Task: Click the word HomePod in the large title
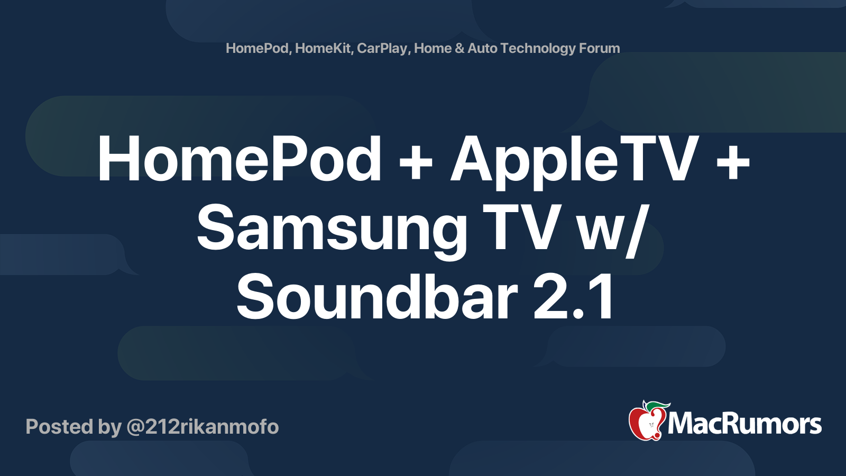240,159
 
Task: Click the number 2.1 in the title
574,297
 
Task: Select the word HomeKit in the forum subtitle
323,48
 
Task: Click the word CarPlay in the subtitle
382,49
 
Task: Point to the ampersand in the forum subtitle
459,48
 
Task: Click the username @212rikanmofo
203,427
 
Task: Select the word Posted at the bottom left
60,427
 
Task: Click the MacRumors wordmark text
744,424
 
